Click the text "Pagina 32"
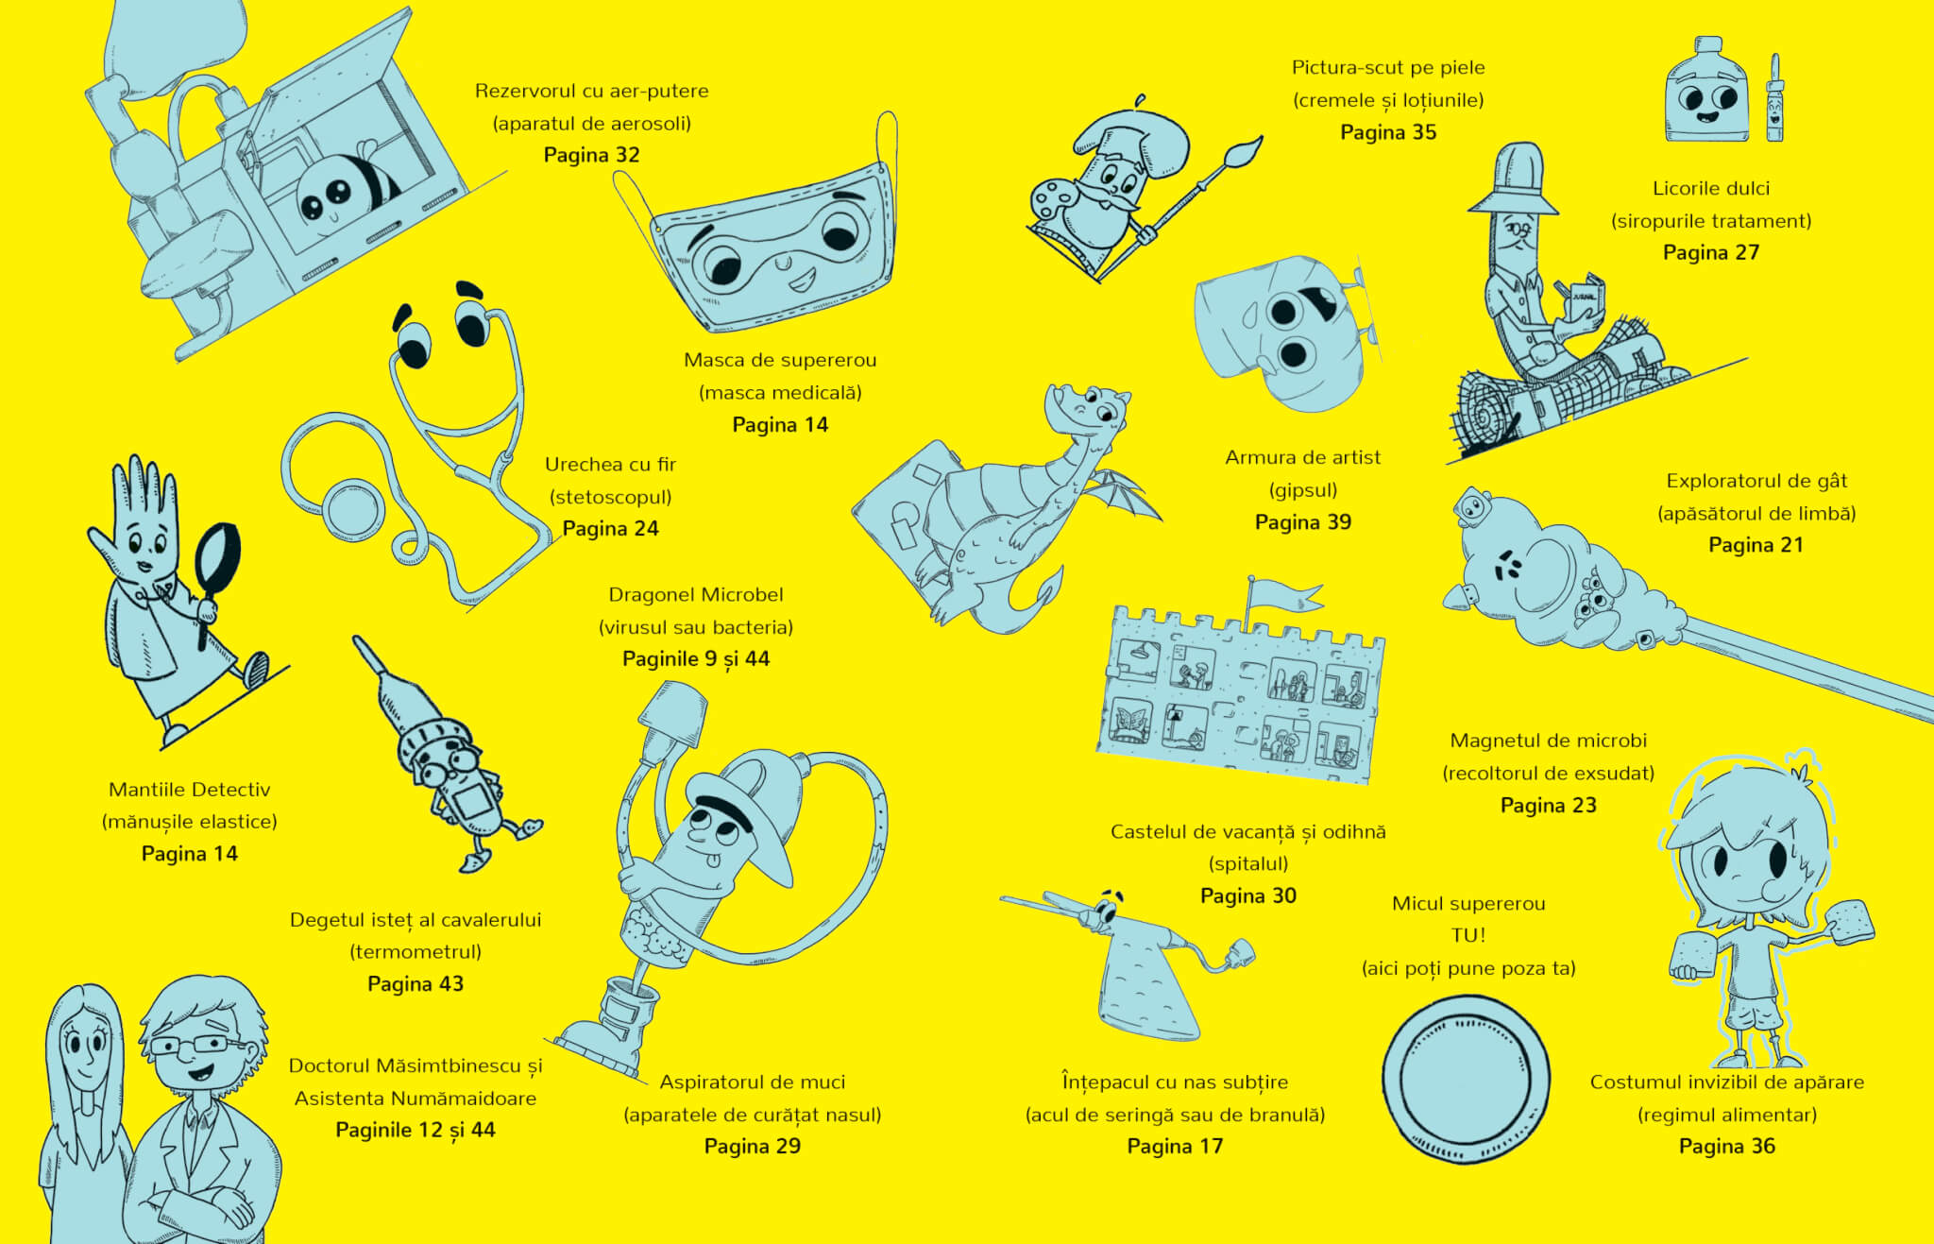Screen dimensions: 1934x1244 coord(591,155)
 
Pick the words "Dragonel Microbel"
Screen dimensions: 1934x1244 coord(696,594)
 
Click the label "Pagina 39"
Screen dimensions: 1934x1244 coord(1302,522)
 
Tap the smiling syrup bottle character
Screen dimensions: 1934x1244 coord(1706,93)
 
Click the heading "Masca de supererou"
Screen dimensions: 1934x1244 coord(780,360)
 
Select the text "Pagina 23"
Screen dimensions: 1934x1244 coord(1548,806)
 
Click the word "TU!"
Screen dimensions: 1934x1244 coord(1468,935)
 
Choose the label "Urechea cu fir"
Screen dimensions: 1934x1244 coord(610,464)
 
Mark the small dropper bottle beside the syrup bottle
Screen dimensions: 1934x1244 coord(1774,98)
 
